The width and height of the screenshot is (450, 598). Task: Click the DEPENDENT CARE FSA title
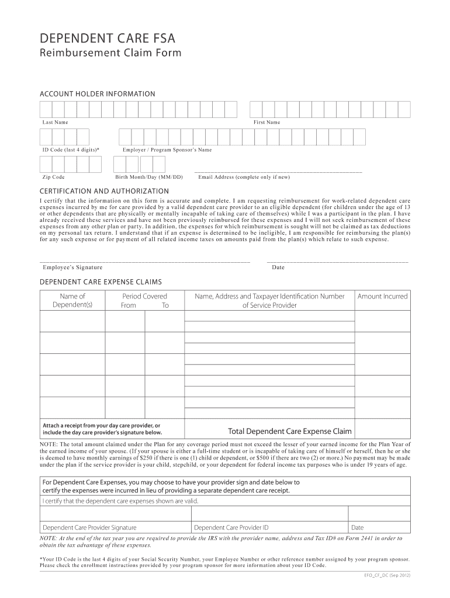coord(107,39)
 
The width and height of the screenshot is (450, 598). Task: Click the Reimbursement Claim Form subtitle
coord(110,54)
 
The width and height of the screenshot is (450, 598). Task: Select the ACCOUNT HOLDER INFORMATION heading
coord(97,94)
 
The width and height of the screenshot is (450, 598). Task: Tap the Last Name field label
coord(55,123)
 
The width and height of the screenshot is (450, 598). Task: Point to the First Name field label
coord(266,123)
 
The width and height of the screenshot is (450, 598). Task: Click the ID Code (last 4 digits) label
coord(71,150)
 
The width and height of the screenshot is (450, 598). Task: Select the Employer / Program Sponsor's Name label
coord(167,150)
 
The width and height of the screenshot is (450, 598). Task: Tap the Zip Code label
coord(53,177)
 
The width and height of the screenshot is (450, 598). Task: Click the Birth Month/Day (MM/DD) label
coord(148,177)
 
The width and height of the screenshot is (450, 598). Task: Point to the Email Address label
coord(244,177)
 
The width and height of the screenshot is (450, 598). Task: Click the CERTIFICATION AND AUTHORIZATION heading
coord(104,192)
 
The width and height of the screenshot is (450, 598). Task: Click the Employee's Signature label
coord(72,267)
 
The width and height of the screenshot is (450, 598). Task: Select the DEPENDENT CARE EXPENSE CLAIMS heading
coord(101,281)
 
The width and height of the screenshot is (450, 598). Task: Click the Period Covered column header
coord(144,297)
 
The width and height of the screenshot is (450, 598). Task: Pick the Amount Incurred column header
coord(382,297)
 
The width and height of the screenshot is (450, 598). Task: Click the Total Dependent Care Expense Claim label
coord(290,432)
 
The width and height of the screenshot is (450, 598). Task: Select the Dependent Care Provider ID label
coord(231,527)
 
